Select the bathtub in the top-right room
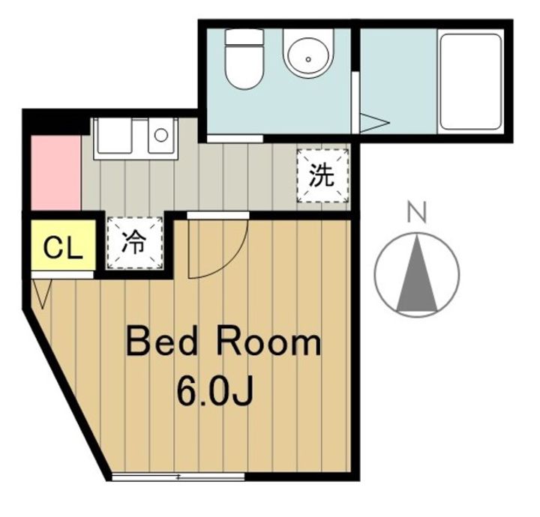470,80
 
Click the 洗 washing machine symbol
322,176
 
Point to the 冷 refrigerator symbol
135,242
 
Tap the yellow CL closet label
63,248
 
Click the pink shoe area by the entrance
55,174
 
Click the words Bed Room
223,343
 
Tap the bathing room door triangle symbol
373,122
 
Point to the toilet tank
243,39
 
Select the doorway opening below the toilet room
235,138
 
